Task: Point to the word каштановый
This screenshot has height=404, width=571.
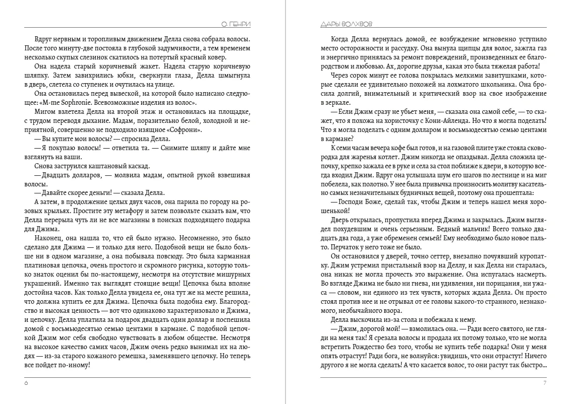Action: coord(108,166)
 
